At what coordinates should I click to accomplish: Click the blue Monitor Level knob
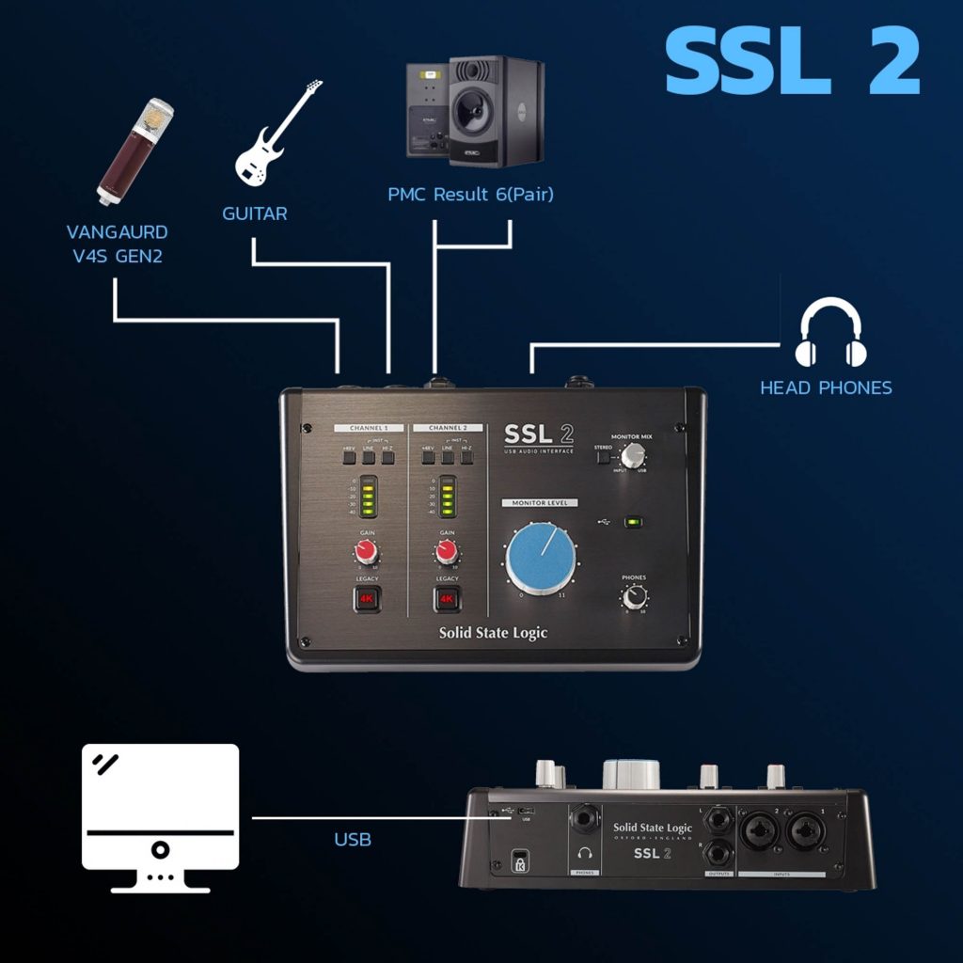542,560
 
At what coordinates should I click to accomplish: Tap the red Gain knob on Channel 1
367,549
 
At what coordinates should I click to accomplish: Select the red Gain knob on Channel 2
447,549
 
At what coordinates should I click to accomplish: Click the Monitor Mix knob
634,455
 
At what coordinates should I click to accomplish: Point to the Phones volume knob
634,596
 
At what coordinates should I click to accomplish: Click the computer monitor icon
161,817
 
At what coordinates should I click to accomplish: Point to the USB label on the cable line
353,839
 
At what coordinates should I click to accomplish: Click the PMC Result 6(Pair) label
470,195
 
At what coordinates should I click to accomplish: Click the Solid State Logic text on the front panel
493,632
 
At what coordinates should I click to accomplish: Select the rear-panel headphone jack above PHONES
585,820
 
